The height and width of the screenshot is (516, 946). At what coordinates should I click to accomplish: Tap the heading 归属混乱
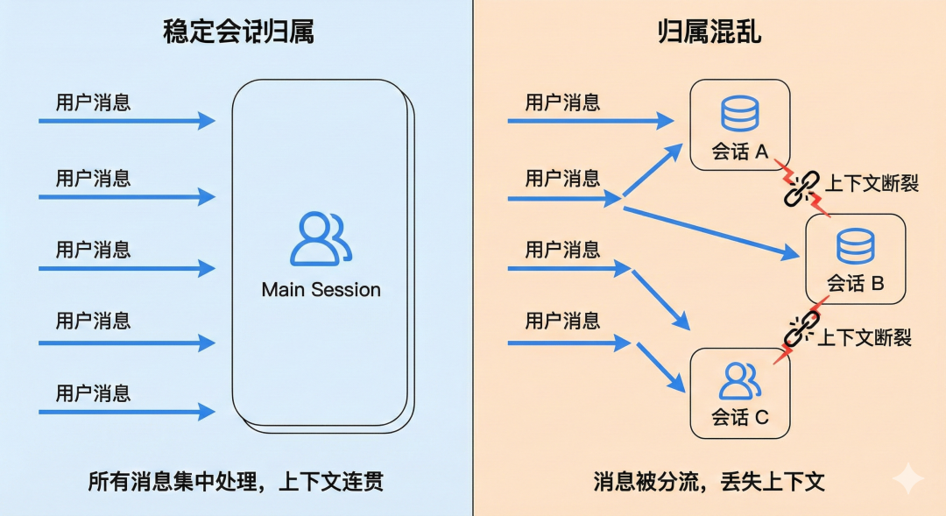click(x=709, y=32)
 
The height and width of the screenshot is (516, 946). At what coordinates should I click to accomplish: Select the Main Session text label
click(x=321, y=289)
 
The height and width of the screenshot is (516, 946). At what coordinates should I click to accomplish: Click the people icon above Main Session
click(x=321, y=238)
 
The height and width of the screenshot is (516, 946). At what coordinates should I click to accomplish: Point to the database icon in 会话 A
click(x=739, y=114)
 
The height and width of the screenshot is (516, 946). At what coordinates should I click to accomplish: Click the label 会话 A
click(x=739, y=152)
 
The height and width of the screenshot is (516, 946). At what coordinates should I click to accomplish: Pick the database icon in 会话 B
click(x=855, y=246)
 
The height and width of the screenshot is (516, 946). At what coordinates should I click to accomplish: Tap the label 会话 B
click(x=855, y=284)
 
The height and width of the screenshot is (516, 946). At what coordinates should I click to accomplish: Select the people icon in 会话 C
click(x=739, y=380)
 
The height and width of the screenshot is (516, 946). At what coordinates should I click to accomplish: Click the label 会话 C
click(x=739, y=417)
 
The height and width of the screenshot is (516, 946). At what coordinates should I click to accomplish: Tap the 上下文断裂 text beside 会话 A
click(x=872, y=183)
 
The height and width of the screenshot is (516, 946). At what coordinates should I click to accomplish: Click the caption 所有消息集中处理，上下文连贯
click(x=236, y=482)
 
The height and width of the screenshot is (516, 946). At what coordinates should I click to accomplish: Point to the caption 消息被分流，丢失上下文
click(x=709, y=482)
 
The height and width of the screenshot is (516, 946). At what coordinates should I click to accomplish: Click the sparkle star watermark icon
click(x=908, y=478)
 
